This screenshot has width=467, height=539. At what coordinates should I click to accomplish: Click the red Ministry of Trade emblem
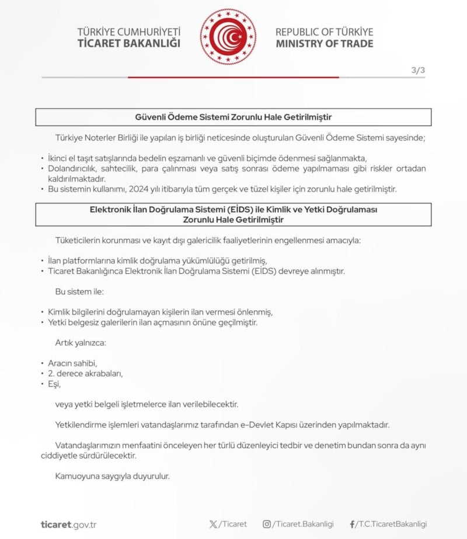coord(228,37)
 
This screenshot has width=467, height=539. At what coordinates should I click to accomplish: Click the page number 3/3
coord(418,70)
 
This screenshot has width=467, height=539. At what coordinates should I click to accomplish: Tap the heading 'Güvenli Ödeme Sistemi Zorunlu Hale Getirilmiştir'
coord(233,117)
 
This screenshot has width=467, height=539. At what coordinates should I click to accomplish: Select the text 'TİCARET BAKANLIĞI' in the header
coord(128,44)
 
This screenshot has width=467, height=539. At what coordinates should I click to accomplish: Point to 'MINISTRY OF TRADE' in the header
coord(324,44)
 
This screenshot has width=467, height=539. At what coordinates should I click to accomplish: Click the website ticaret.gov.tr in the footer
coord(68,524)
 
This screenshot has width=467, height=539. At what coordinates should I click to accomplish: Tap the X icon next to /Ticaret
coord(213,524)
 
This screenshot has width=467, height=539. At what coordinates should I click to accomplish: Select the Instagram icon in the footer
coord(267,524)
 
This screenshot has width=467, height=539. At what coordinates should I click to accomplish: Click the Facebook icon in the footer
coord(352,524)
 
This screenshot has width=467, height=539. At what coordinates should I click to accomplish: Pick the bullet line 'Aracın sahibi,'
coord(72,363)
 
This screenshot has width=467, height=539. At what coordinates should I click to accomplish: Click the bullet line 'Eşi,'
coord(54,384)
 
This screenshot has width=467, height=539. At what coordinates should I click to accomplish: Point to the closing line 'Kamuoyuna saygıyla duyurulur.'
coord(112,476)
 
